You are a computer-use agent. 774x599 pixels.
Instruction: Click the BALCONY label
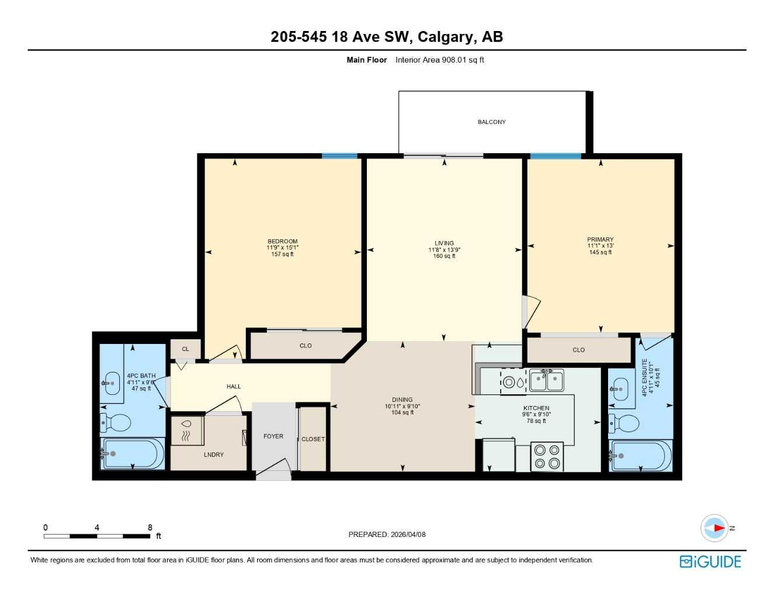(x=491, y=122)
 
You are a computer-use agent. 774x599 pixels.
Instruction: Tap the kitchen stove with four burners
(x=547, y=457)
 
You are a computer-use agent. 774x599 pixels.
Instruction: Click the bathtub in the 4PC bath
(x=133, y=453)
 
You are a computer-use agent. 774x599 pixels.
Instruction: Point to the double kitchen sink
(x=546, y=380)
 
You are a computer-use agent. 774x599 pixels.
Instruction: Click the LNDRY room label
(x=214, y=455)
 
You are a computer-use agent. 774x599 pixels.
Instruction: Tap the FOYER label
(x=273, y=436)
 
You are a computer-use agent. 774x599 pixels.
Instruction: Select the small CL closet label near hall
(x=185, y=349)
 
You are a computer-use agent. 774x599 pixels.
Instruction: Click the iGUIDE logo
(x=710, y=562)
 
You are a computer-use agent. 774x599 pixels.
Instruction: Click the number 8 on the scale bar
(x=150, y=528)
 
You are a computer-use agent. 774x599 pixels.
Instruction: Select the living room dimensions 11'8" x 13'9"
(x=444, y=250)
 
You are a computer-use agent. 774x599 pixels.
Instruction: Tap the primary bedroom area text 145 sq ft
(x=601, y=252)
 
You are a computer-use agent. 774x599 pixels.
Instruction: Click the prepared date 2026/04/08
(x=408, y=534)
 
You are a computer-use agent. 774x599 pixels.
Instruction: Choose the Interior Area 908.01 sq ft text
(x=439, y=60)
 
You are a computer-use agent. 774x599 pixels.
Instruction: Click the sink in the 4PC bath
(x=112, y=383)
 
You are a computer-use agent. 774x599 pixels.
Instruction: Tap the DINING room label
(x=402, y=400)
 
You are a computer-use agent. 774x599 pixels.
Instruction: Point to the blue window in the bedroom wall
(x=339, y=156)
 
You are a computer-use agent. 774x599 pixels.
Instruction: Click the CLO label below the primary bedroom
(x=578, y=350)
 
